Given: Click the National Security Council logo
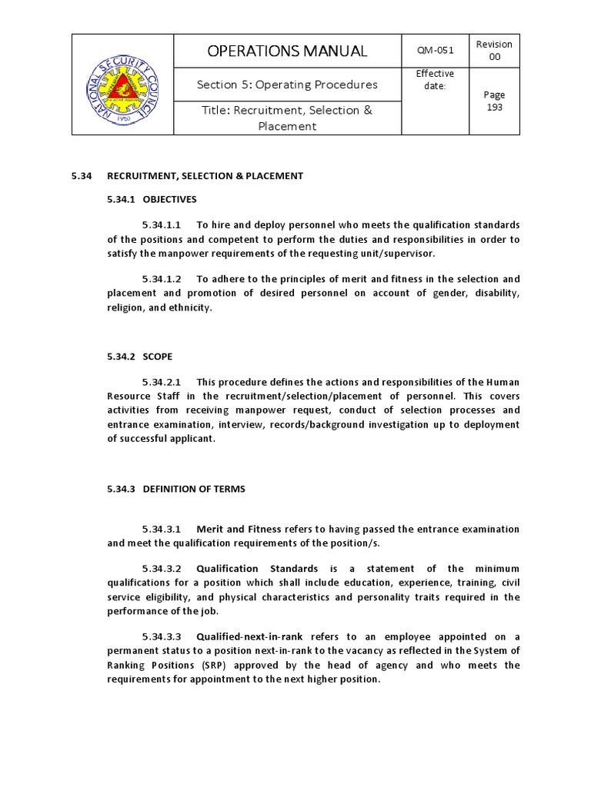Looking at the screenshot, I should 122,85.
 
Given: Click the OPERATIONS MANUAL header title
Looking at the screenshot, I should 288,51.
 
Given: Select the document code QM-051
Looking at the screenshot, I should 435,51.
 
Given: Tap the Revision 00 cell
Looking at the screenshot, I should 494,51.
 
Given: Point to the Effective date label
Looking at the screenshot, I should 435,79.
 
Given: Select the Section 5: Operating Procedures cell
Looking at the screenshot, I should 287,85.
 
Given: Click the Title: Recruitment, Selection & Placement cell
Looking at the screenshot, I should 287,118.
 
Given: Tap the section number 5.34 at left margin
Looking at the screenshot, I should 82,176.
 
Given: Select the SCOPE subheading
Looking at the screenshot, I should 157,357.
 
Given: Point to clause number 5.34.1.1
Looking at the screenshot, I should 161,225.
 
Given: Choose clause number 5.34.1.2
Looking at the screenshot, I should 161,279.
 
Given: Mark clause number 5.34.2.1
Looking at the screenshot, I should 161,382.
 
